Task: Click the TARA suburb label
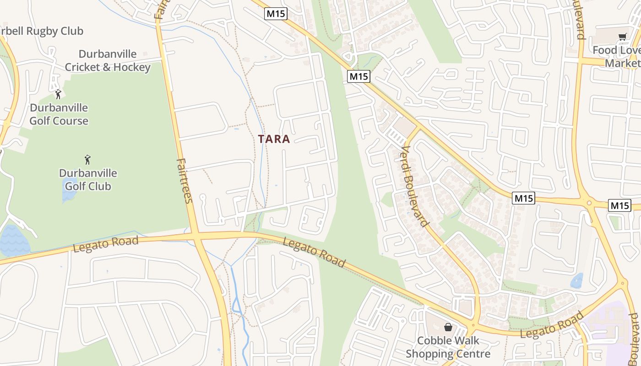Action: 274,139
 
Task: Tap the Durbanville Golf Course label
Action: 59,114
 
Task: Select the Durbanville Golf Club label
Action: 87,180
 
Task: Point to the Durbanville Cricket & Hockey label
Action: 107,60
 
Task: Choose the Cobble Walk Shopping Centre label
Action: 448,347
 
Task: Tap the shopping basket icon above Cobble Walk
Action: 448,327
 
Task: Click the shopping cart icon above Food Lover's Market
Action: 622,37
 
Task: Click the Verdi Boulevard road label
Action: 415,186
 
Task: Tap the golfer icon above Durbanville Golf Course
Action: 58,95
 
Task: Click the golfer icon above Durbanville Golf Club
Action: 87,160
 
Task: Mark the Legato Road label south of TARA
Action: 314,252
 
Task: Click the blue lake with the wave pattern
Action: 14,240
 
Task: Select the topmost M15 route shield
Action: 276,14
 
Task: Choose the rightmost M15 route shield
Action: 619,205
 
